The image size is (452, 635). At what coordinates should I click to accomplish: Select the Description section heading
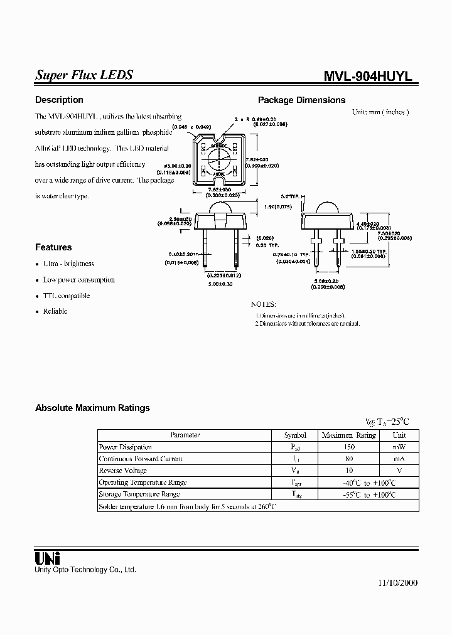(59, 100)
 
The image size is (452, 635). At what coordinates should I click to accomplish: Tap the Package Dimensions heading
(301, 100)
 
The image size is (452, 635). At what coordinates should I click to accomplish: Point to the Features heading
(53, 247)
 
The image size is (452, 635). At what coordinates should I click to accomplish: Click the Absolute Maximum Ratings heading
(92, 408)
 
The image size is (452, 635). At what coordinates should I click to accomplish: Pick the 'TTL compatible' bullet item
(66, 296)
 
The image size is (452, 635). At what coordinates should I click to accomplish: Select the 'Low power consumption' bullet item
(78, 280)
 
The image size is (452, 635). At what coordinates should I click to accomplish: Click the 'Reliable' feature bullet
(55, 311)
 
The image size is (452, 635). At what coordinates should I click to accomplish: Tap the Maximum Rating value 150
(349, 447)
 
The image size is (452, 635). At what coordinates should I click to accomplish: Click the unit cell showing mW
(399, 447)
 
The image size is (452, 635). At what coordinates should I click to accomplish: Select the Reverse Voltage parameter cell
(123, 471)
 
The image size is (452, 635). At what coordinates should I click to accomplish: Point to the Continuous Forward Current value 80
(349, 459)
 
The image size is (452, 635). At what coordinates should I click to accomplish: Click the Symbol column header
(295, 435)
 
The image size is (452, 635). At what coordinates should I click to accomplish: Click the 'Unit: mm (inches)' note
(380, 112)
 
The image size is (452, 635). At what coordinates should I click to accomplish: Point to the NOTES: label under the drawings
(264, 303)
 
